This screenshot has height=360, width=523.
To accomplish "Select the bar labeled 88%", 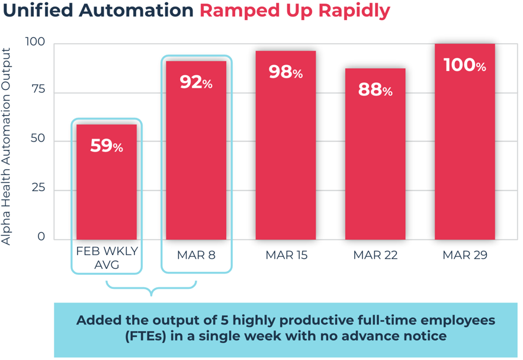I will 376,166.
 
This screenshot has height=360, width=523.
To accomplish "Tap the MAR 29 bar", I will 465,154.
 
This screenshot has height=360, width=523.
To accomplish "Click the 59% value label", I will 107,146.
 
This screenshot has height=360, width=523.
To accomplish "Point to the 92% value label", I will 196,82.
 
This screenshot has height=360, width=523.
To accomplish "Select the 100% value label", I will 465,65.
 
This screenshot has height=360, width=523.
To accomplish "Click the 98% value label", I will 285,72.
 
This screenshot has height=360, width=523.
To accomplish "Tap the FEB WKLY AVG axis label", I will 107,258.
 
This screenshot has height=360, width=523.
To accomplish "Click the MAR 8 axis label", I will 196,256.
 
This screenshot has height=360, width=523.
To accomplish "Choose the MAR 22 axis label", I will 376,256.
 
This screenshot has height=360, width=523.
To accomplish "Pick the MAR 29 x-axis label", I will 465,256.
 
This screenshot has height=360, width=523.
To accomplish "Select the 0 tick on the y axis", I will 41,236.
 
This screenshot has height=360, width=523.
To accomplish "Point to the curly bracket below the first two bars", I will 152,288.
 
